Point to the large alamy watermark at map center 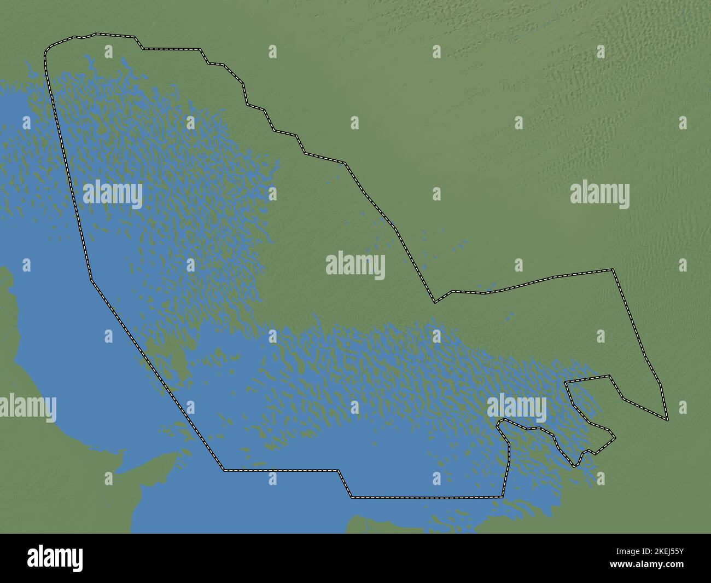click(355, 266)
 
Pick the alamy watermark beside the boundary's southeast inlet click(516, 407)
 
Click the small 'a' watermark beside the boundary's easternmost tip click(683, 407)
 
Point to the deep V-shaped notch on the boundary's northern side click(435, 301)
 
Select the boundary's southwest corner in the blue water click(224, 470)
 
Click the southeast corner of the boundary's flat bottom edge click(503, 497)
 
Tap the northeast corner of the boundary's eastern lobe click(613, 269)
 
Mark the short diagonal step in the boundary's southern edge click(345, 483)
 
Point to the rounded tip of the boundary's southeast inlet click(502, 422)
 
